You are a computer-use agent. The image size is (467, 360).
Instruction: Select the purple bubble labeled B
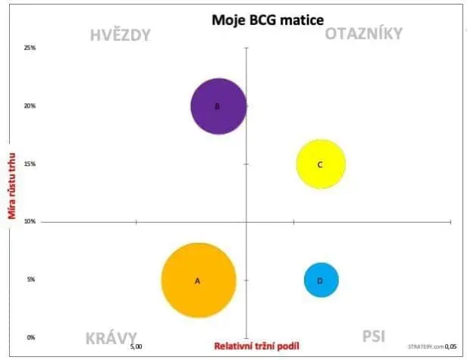[x=218, y=106]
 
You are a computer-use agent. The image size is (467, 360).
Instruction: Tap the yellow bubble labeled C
[x=321, y=164]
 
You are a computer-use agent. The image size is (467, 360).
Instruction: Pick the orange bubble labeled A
[x=198, y=280]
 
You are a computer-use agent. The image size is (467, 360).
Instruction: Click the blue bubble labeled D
[x=321, y=280]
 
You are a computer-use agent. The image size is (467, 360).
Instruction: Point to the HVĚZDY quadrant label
[x=121, y=35]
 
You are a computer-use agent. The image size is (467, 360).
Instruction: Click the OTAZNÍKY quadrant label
[x=364, y=33]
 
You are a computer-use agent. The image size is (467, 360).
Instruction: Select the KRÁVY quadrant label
[x=111, y=337]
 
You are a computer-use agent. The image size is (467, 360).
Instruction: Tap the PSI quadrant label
[x=373, y=336]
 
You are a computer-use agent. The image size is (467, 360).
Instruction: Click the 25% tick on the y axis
[x=31, y=48]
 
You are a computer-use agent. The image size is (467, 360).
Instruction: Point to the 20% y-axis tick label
[x=31, y=106]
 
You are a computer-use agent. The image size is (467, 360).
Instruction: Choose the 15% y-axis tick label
[x=31, y=164]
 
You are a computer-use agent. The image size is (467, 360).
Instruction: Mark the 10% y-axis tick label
[x=31, y=221]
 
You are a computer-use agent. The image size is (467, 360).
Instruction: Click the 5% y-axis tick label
[x=32, y=280]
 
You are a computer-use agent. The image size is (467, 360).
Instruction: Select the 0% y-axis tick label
[x=32, y=337]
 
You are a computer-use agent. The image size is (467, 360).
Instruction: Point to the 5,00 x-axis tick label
[x=136, y=346]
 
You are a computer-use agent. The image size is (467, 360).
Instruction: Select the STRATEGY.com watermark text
[x=423, y=346]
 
